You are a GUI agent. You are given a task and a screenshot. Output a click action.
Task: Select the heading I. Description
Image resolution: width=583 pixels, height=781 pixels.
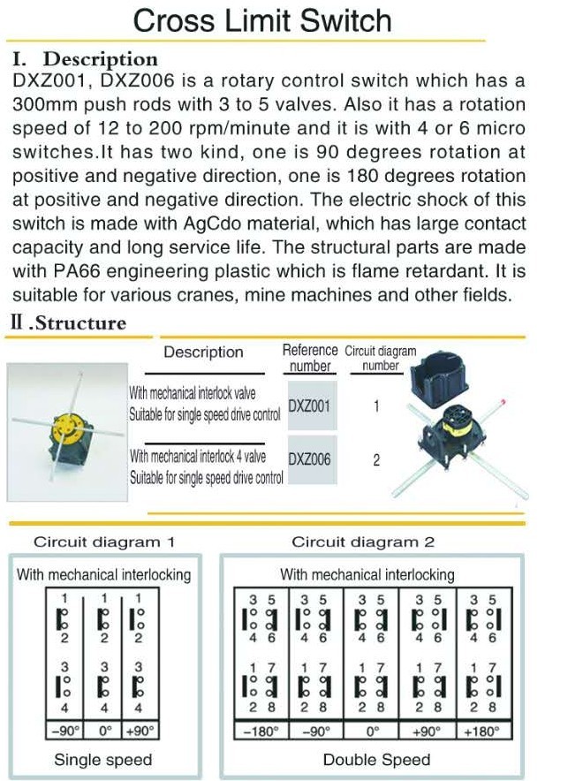coord(86,59)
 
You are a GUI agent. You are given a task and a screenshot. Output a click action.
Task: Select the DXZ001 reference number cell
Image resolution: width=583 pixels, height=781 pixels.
coord(311,406)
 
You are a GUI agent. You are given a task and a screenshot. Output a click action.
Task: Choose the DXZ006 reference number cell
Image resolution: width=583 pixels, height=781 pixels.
coord(311,459)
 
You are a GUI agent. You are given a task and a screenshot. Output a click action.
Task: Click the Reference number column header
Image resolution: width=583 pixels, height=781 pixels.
coord(310,358)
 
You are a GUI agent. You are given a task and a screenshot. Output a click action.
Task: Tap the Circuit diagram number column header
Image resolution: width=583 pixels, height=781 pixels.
coord(380,358)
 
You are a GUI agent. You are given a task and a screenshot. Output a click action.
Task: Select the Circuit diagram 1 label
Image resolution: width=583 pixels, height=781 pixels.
coord(103,542)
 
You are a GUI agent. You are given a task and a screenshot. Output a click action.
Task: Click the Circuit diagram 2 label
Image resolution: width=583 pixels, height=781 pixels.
coord(363,542)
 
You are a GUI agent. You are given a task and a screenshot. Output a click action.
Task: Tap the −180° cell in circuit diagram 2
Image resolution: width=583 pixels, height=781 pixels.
coord(261,731)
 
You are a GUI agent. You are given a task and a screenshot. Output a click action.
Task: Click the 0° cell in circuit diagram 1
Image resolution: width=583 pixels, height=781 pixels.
coord(104,731)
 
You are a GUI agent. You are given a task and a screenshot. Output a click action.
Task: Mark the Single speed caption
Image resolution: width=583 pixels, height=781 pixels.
coord(103,760)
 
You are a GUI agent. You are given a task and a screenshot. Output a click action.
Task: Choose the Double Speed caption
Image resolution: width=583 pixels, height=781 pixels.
coord(376,760)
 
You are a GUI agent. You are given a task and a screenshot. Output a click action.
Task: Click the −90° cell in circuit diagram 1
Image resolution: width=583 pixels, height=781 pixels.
coord(64,731)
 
